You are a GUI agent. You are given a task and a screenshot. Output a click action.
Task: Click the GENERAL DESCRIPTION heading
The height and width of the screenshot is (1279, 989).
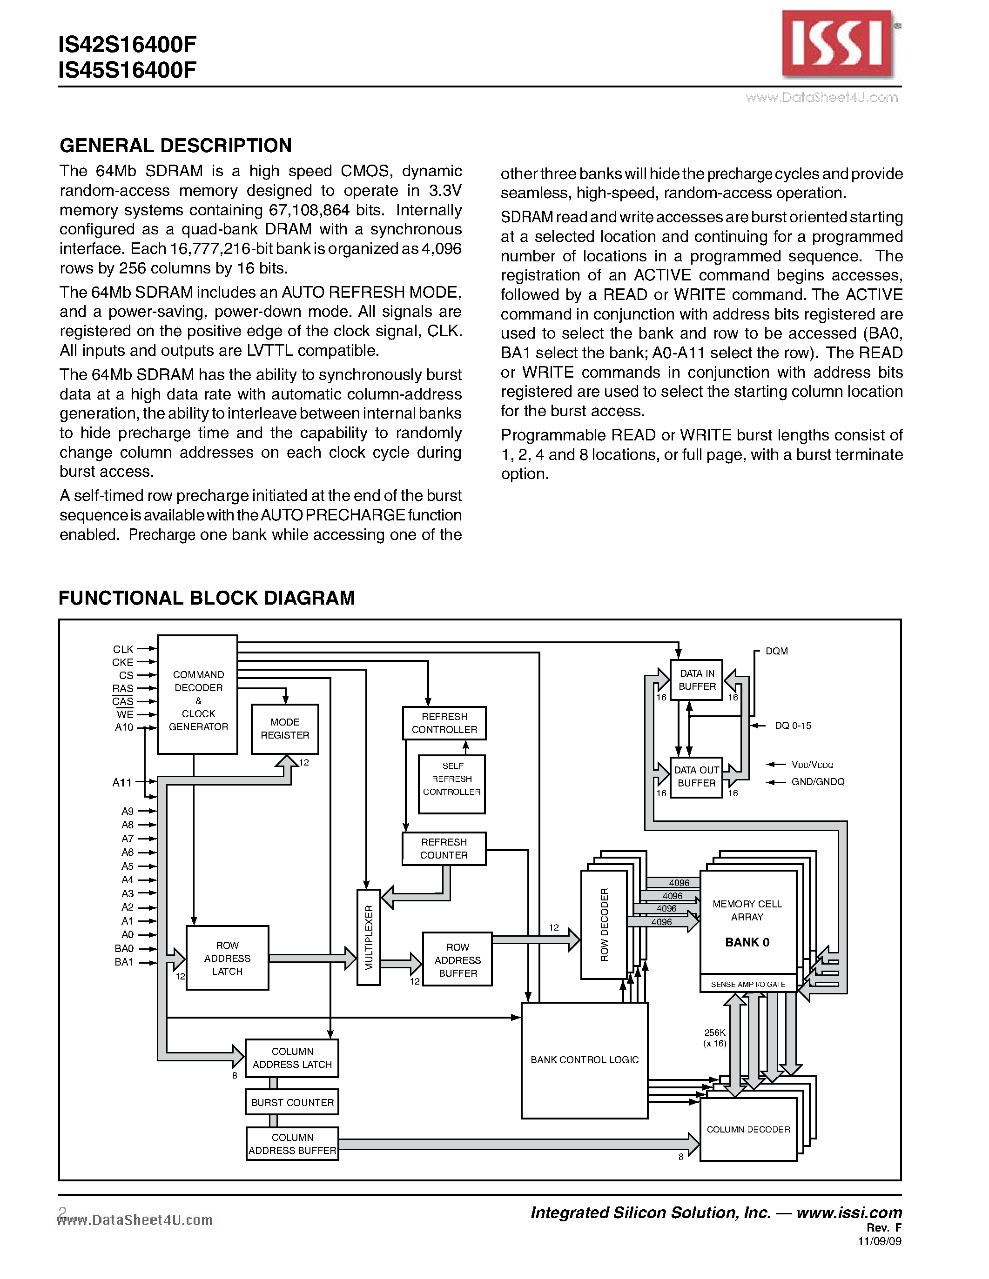(176, 145)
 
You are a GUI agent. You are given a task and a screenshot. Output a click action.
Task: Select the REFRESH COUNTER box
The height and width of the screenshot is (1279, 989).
(444, 849)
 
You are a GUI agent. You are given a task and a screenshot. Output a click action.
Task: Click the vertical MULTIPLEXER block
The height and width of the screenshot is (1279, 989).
(369, 937)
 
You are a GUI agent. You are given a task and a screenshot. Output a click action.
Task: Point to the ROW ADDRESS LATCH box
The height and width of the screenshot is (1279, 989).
(227, 958)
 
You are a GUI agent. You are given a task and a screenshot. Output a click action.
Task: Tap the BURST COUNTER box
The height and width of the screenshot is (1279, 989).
(292, 1102)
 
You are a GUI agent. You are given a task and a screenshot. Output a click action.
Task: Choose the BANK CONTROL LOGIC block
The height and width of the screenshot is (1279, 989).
(584, 1060)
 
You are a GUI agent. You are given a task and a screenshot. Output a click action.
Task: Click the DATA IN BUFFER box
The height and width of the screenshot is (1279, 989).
(697, 680)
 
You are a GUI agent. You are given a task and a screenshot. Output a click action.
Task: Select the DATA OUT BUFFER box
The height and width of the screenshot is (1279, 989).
(696, 777)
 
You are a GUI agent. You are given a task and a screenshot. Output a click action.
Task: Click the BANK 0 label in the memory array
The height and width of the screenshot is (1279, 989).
(747, 942)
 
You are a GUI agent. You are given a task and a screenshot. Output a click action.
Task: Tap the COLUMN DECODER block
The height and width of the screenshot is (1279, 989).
(748, 1129)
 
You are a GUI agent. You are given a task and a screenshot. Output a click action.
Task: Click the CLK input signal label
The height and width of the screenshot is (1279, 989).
(123, 649)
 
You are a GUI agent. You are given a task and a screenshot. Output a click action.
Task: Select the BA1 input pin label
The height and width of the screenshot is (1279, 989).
(124, 962)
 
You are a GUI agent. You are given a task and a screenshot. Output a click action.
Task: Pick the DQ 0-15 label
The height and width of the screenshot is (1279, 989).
(793, 726)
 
